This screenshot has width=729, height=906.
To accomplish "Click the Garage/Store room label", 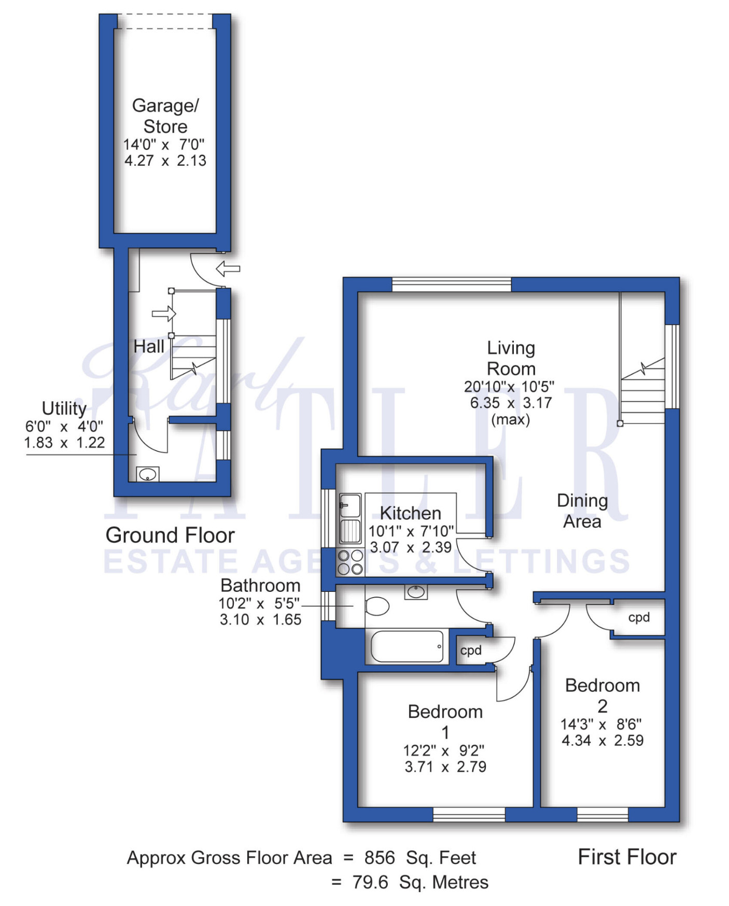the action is (x=165, y=116).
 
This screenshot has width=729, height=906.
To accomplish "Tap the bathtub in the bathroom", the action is (x=407, y=646).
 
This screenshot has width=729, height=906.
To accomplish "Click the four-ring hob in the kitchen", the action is (x=351, y=562).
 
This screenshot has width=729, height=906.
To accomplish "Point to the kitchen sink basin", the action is (x=350, y=505).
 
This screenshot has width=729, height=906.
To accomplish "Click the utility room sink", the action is (x=148, y=474).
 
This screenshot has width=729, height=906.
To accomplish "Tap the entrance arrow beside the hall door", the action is (x=228, y=268).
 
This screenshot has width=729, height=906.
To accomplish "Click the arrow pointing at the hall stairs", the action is (x=164, y=314).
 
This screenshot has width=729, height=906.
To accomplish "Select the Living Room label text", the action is (x=511, y=358).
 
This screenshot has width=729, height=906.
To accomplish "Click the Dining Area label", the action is (x=582, y=511).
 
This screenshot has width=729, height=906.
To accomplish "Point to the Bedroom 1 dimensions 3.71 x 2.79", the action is (x=445, y=767).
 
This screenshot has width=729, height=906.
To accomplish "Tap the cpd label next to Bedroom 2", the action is (x=639, y=617).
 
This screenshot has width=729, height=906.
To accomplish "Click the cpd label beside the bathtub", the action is (x=471, y=650).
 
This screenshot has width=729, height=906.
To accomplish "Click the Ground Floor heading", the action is (x=170, y=535).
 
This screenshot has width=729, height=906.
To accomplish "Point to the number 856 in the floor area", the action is (x=380, y=858).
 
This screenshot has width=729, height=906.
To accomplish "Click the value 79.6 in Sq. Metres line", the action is (x=370, y=882).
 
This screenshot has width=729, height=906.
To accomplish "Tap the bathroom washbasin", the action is (x=416, y=591).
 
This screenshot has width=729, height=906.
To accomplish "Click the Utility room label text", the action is (x=64, y=408).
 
